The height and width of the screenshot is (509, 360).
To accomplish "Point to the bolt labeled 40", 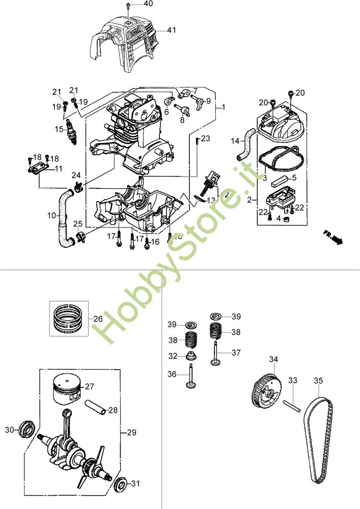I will [x=128, y=6].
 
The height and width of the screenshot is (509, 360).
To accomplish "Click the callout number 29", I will [x=131, y=433].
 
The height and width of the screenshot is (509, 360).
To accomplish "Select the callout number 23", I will [x=205, y=138].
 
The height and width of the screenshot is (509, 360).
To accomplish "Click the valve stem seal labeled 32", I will [x=190, y=356].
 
